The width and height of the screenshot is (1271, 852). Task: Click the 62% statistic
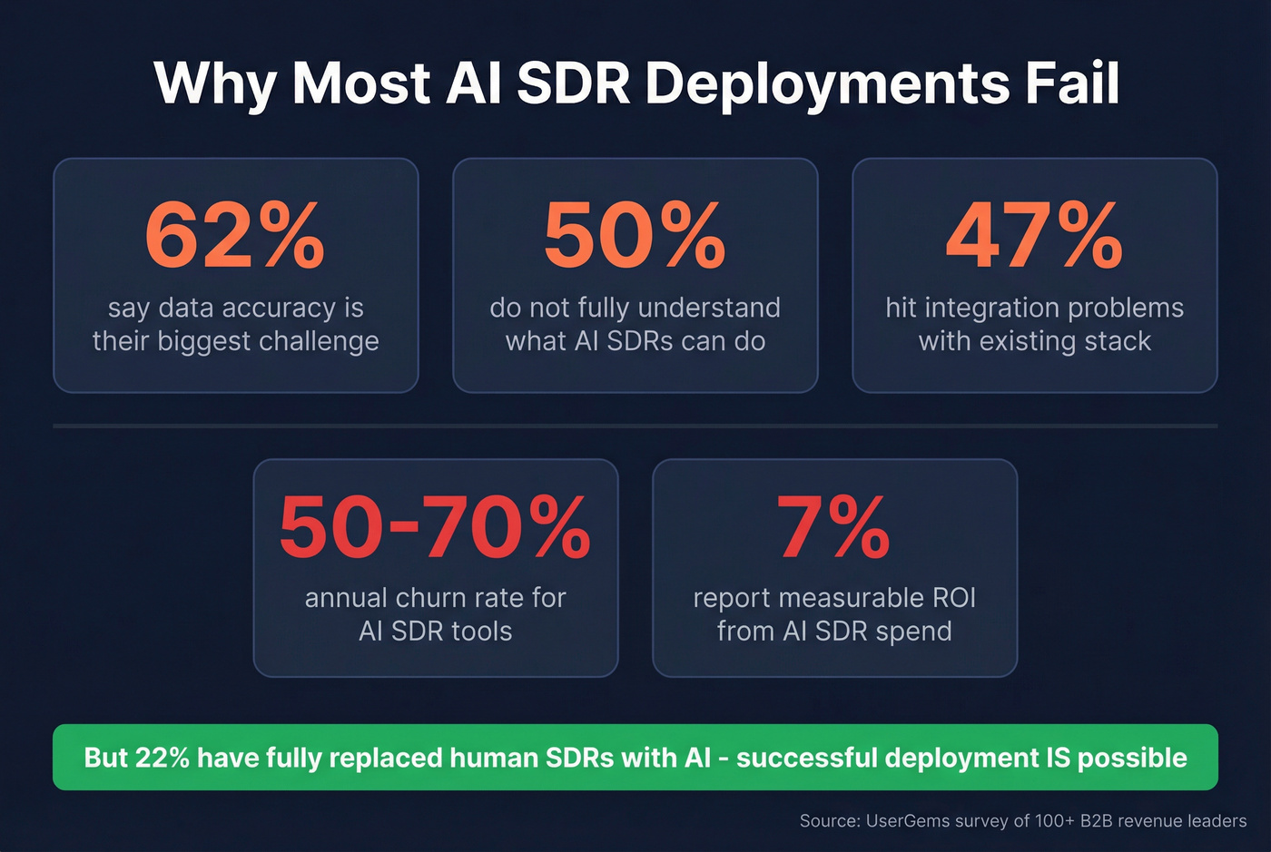click(235, 236)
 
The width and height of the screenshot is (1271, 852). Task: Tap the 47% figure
click(1034, 236)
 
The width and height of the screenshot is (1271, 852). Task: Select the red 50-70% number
click(435, 527)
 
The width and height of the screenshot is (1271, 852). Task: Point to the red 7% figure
click(833, 527)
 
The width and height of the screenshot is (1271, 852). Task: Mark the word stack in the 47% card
click(1118, 341)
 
